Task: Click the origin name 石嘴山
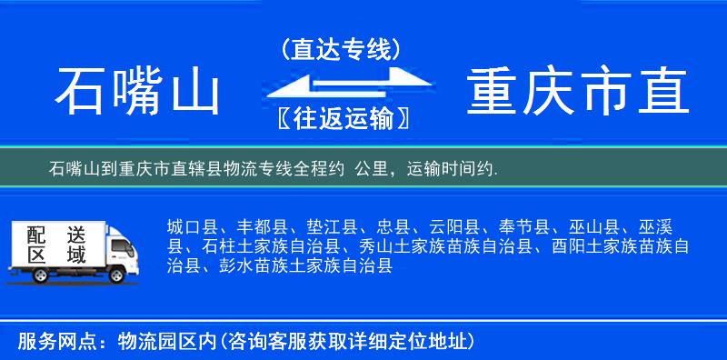pos(138,91)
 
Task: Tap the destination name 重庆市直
pos(579,91)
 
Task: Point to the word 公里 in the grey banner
pos(375,169)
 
